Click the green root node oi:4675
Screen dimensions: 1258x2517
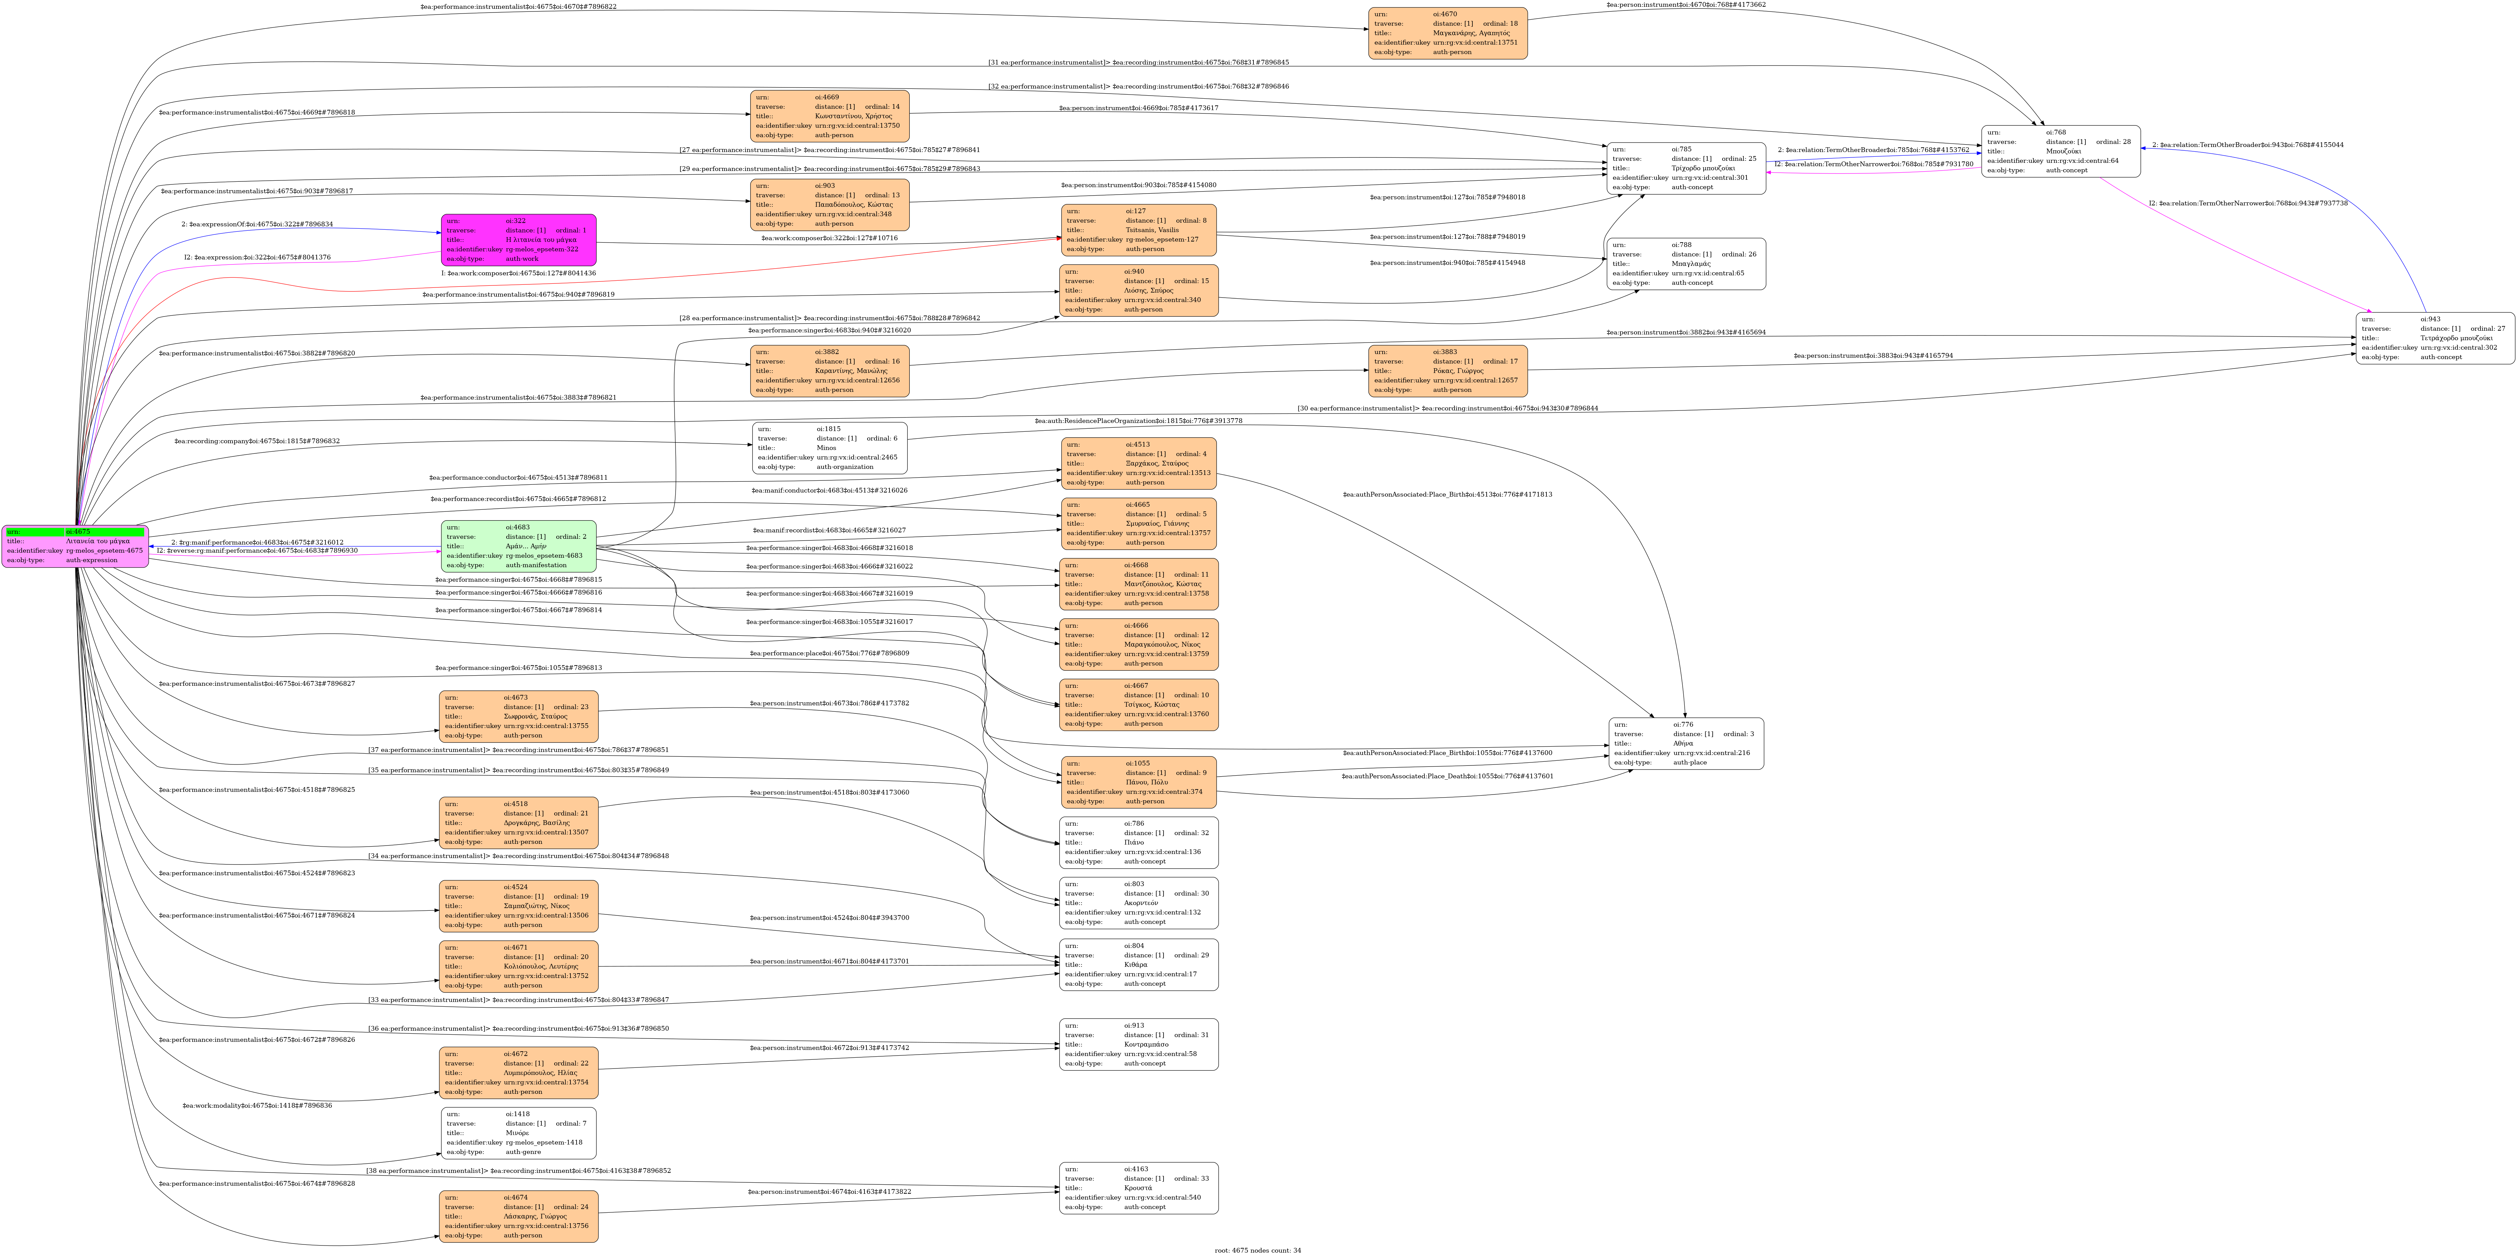click(x=75, y=546)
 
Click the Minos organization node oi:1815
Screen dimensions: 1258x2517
click(x=830, y=447)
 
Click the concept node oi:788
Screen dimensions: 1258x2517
click(x=1686, y=264)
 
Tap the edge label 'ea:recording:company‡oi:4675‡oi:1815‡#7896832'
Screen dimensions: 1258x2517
click(x=257, y=441)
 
